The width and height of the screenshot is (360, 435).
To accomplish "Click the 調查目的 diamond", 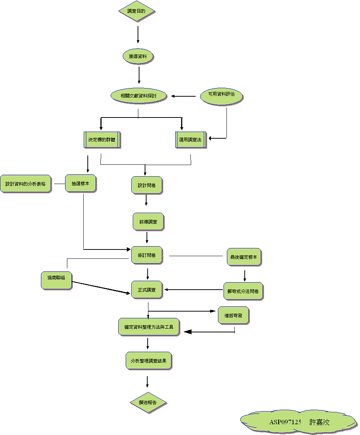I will point(136,11).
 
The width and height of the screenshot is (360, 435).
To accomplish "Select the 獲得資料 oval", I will point(138,57).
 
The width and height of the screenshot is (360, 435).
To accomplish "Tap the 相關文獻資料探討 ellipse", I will point(138,96).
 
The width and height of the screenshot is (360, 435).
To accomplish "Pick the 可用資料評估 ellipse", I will point(221,94).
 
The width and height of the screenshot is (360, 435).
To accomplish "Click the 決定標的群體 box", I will point(102,140).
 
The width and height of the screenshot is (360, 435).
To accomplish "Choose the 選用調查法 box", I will point(190,140).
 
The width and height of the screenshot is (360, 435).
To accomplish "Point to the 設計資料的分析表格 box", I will point(25,184).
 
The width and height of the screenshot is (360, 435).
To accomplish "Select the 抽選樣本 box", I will point(80,183).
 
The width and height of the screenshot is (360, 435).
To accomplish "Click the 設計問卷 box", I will point(147,185).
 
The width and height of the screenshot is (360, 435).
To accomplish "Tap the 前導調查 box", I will point(148,222).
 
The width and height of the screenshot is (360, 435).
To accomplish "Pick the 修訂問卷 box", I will point(147,255).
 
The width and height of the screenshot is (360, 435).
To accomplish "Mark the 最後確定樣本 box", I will point(244,257).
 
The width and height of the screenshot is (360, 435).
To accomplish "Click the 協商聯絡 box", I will point(56,280).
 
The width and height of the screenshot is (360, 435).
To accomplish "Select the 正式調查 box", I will point(147,290).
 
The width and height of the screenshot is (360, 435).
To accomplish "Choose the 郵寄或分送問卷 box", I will point(243,291).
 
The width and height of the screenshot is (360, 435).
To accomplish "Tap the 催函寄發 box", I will point(233,315).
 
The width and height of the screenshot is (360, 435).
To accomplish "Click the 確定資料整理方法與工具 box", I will point(149,327).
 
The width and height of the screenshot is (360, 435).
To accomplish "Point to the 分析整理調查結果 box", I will point(148,360).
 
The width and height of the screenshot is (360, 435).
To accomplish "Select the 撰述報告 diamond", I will point(148,403).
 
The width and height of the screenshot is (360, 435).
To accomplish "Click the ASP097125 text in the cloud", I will point(285,422).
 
